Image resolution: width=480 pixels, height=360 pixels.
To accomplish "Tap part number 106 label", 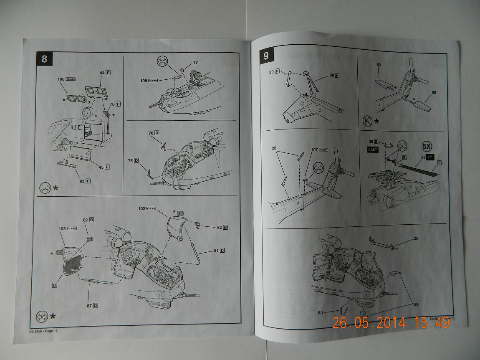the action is pyautogui.click(x=61, y=79).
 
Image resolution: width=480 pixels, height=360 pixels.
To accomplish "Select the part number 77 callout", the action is pyautogui.click(x=195, y=63).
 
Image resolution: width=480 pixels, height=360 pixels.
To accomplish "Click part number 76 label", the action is pyautogui.click(x=151, y=132).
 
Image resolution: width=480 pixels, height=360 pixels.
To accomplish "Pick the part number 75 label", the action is pyautogui.click(x=130, y=160).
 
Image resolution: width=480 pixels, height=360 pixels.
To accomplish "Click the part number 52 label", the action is pyautogui.click(x=379, y=65).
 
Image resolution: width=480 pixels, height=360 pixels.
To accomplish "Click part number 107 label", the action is pyautogui.click(x=314, y=149).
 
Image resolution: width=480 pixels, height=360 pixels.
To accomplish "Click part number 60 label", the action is pyautogui.click(x=321, y=312).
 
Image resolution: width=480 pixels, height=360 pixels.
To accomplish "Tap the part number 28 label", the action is pyautogui.click(x=274, y=148).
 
